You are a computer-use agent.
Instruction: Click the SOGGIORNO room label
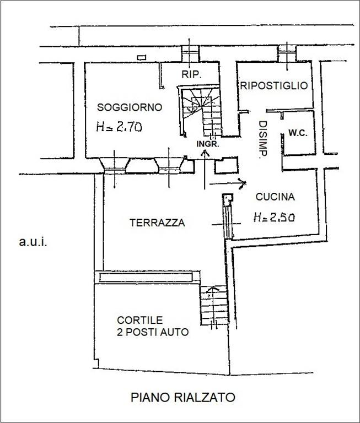coord(130,107)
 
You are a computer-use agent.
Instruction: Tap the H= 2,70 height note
coord(119,126)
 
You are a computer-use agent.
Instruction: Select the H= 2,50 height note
coord(274,217)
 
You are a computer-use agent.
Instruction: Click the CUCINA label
coord(275,197)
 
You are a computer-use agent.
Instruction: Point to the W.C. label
coord(298,133)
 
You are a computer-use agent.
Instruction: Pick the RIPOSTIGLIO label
coord(274,86)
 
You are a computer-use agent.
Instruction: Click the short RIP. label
coord(191,74)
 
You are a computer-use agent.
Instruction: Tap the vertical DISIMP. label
coord(263,139)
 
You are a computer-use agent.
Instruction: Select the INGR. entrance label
coord(208,144)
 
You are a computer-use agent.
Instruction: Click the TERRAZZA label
coord(157,223)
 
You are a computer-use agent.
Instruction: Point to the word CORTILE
coord(140,320)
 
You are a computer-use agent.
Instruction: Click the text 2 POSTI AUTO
coord(153,332)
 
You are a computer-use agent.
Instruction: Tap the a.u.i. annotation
coord(33,242)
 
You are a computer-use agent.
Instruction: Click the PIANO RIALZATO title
coord(183,397)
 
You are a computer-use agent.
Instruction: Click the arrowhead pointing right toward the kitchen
coord(243,183)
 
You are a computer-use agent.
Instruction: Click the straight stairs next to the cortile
coord(214,305)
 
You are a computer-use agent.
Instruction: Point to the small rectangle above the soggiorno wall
coord(142,57)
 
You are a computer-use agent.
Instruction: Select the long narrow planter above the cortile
coord(146,278)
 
